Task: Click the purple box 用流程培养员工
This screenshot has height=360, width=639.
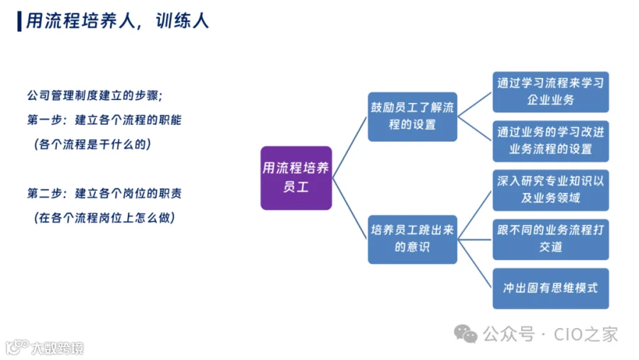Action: click(x=296, y=178)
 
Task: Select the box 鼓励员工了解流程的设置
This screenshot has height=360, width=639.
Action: click(x=413, y=116)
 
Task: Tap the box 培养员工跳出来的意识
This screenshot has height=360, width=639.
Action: click(x=413, y=239)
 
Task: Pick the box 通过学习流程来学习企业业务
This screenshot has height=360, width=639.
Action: click(x=550, y=92)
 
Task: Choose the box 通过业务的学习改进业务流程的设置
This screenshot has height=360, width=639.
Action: click(x=550, y=141)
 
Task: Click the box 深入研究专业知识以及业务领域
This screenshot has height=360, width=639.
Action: click(x=550, y=190)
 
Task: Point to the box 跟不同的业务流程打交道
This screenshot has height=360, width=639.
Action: click(x=550, y=239)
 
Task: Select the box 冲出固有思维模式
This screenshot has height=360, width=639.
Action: click(x=550, y=288)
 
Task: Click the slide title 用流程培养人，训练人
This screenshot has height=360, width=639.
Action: click(x=117, y=21)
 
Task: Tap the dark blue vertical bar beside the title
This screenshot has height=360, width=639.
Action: click(x=19, y=21)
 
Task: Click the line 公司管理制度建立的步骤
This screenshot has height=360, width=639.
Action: click(x=95, y=95)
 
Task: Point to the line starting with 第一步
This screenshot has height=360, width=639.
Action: click(x=104, y=120)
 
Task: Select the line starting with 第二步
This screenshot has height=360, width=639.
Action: click(x=104, y=193)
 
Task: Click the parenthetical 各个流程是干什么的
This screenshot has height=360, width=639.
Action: click(x=92, y=144)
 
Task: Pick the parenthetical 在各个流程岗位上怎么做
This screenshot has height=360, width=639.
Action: click(x=105, y=218)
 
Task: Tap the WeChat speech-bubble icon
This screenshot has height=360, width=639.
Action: click(x=465, y=334)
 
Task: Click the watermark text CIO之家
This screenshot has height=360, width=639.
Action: click(x=586, y=334)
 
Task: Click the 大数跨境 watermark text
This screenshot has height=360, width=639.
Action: click(x=58, y=348)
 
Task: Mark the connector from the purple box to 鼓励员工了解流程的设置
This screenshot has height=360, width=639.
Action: click(x=349, y=148)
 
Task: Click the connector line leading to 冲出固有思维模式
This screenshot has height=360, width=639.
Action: click(x=475, y=263)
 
